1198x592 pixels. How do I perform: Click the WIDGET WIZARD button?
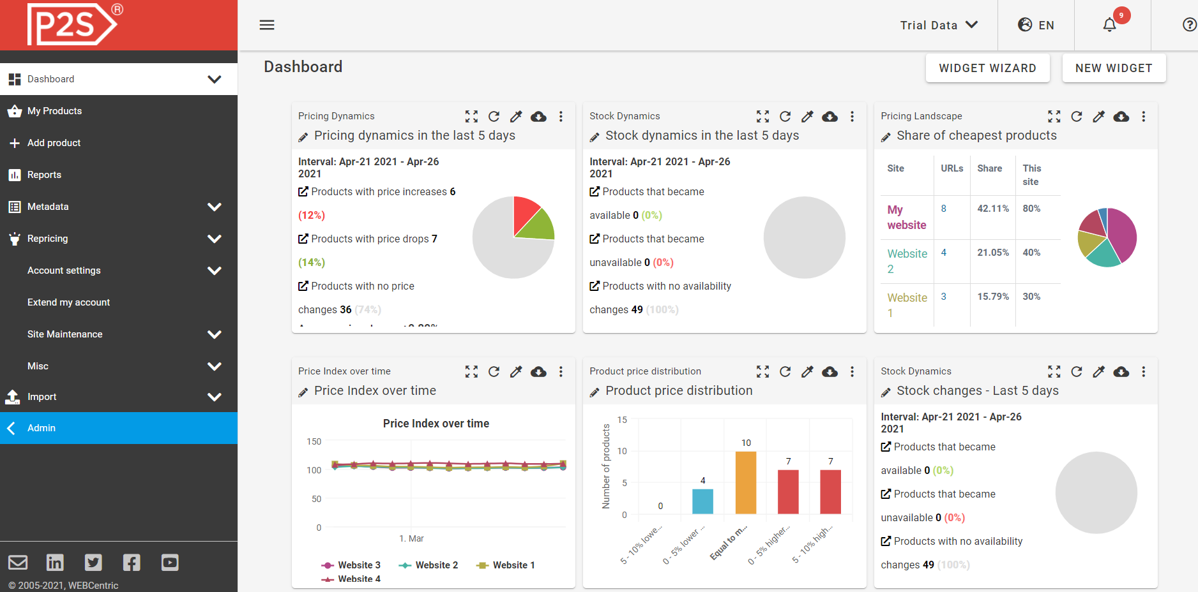(x=987, y=68)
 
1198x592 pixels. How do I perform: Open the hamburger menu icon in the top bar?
(x=267, y=25)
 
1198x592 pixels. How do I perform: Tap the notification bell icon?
(x=1110, y=25)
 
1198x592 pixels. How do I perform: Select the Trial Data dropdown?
(x=938, y=25)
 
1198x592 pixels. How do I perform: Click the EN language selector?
(x=1036, y=25)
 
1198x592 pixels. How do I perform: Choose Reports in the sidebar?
(x=44, y=175)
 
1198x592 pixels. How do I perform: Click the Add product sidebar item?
(x=54, y=143)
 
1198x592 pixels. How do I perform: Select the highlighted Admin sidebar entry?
(x=42, y=428)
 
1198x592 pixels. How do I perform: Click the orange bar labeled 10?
(x=746, y=482)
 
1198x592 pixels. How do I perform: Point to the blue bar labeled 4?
(x=702, y=501)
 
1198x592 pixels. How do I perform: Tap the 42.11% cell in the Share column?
(x=993, y=209)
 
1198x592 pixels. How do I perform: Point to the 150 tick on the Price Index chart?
(x=314, y=441)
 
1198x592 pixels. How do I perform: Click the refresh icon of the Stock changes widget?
(x=1077, y=371)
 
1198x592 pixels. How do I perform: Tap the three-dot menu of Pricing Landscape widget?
(x=1144, y=116)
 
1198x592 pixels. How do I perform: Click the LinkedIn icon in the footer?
(x=55, y=562)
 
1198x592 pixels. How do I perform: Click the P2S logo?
(x=72, y=24)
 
